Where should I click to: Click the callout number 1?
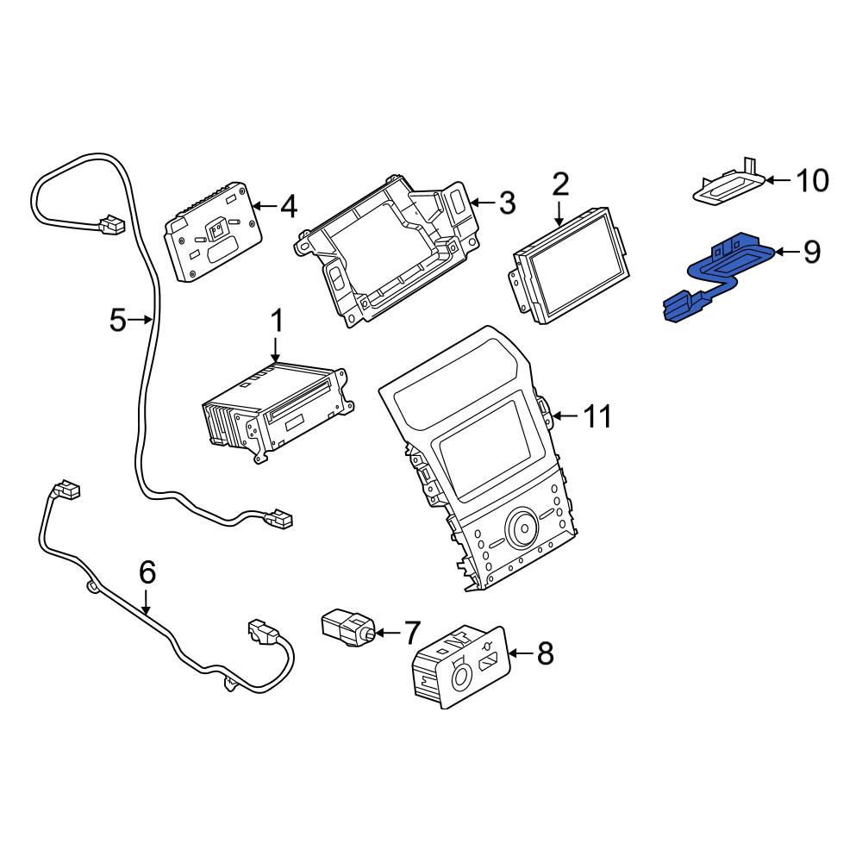(277, 321)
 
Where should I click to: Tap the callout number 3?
(506, 203)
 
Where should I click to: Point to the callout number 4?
(288, 207)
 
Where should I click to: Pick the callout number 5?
(118, 320)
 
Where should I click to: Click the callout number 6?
(147, 572)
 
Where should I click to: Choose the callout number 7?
(412, 633)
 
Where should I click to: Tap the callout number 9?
(811, 252)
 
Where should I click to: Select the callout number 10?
(813, 180)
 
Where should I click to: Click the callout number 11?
(597, 416)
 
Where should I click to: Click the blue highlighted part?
(715, 275)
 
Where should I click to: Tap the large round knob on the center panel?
(523, 528)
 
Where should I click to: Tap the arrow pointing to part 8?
(522, 653)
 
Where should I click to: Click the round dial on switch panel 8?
(460, 678)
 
